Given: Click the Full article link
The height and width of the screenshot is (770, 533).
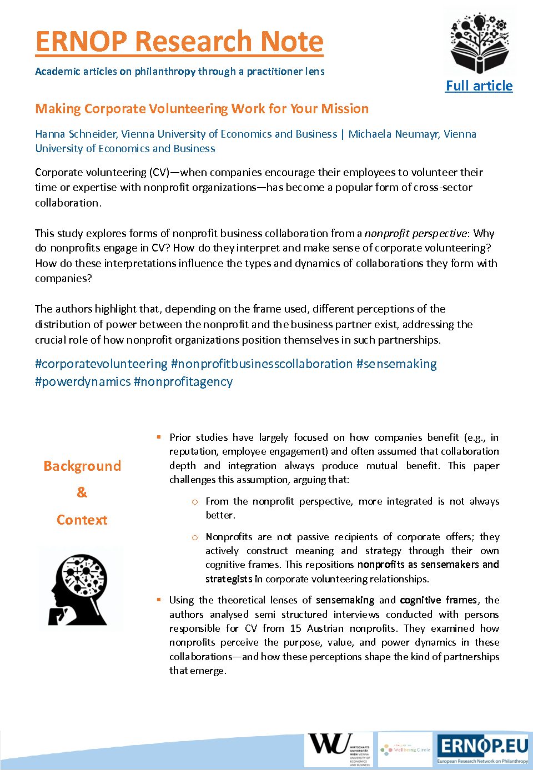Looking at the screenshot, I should coord(479,86).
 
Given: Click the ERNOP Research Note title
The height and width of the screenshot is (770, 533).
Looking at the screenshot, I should coord(179,42).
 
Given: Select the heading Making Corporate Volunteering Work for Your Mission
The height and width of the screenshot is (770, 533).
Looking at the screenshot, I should coord(202,109).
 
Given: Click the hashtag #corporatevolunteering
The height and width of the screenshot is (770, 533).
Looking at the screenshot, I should coord(101,364).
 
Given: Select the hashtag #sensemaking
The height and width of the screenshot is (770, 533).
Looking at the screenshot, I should coord(396,364).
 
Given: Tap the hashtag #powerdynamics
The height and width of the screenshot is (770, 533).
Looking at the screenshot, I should coord(83,382).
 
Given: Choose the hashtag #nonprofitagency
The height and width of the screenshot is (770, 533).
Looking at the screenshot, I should coord(183,382).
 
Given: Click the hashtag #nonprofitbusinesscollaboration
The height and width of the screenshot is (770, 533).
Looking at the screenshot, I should coord(262,364).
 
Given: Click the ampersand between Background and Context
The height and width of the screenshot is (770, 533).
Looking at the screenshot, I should coord(82,492).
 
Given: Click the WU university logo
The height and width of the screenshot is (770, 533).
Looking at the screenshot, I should coord(339,749).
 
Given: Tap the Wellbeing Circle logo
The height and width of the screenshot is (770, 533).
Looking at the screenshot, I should coord(406,749).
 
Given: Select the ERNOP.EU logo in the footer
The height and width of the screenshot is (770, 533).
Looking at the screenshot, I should coord(482,749).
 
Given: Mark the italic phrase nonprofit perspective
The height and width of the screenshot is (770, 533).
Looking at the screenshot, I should coord(415,233).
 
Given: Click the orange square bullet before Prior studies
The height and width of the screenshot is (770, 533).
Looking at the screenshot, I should coord(159,437).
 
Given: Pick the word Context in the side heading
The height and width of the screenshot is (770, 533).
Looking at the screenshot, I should coord(82,520).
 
